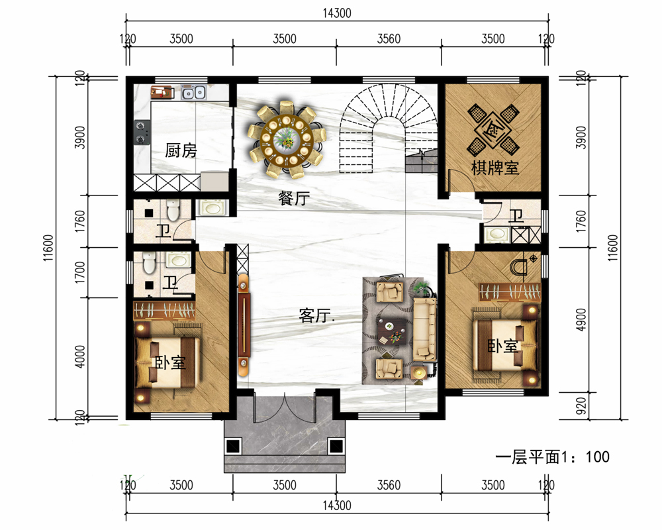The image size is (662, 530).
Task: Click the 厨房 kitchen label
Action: tap(181, 150)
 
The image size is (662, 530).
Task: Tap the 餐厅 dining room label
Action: tap(295, 198)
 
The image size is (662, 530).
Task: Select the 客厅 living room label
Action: tap(316, 315)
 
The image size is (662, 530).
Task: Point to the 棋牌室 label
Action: tap(495, 168)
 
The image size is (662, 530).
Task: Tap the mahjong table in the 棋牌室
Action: tap(493, 129)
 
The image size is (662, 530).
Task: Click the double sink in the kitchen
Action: tap(193, 92)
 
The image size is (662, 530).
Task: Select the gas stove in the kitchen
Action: tap(142, 132)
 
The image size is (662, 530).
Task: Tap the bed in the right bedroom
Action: tap(504, 345)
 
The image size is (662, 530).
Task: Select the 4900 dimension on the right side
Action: tap(581, 320)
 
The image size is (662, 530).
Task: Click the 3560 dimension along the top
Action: tap(389, 39)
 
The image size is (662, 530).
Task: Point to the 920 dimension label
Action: tap(581, 405)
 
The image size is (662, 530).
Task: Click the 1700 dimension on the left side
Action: tap(79, 272)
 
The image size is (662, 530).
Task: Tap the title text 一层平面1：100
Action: tap(552, 457)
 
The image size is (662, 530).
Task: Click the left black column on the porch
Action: tap(232, 446)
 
